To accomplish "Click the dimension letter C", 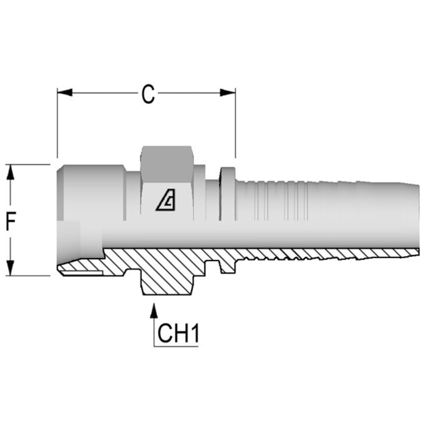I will pos(148,95).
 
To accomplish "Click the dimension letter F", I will pos(11,220).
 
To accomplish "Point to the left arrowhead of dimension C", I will pos(65,93).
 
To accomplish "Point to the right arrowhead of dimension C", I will pos(227,93).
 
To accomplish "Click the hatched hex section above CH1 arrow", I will pos(168,279).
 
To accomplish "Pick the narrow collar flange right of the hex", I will pos(227,194).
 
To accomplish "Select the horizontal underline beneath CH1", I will pos(176,346).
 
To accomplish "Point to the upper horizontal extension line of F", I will pos(28,164).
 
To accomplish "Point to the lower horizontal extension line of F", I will pos(28,275).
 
